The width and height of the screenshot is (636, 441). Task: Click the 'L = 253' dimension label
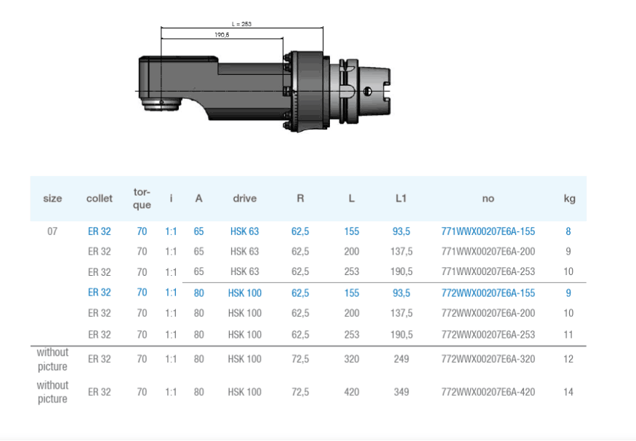[x=241, y=24]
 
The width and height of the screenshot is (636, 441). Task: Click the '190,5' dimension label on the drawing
[x=222, y=35]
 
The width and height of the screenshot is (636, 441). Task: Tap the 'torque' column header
[x=142, y=198]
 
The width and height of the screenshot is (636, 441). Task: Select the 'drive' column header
[x=244, y=198]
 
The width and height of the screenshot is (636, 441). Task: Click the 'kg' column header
[x=569, y=199]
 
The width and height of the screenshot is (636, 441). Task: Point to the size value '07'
[x=52, y=231]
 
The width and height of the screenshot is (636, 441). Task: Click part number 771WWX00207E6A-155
[x=488, y=231]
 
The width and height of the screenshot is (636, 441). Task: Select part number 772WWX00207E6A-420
[x=488, y=392]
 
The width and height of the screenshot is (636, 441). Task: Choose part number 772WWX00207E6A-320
[x=488, y=359]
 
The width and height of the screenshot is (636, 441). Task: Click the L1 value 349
[x=401, y=392]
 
